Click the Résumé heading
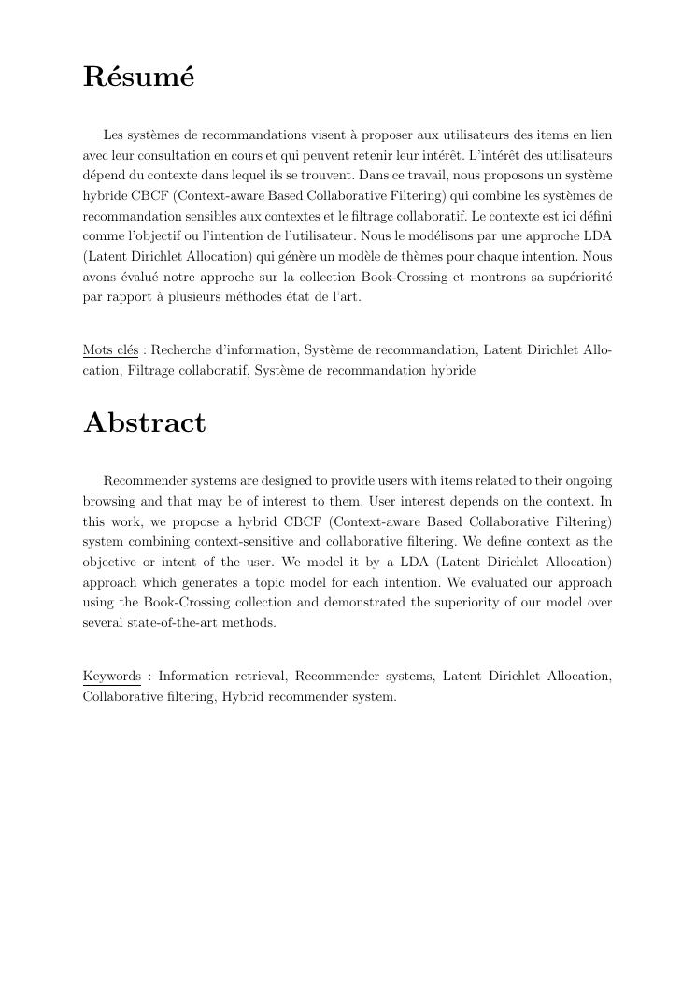pyautogui.click(x=138, y=77)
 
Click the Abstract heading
pyautogui.click(x=145, y=422)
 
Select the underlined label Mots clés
pyautogui.click(x=110, y=350)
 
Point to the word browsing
pyautogui.click(x=107, y=501)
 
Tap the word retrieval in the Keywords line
pyautogui.click(x=261, y=676)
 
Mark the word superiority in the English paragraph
pyautogui.click(x=464, y=603)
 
